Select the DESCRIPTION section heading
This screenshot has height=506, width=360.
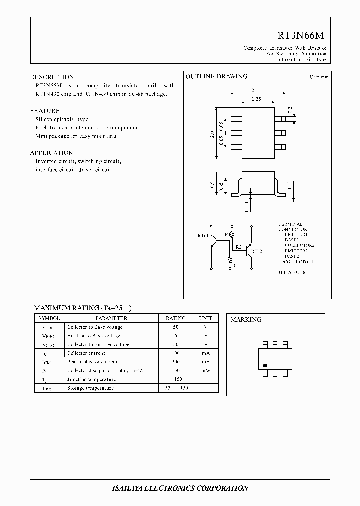pos(52,77)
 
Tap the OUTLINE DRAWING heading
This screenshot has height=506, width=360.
pos(216,77)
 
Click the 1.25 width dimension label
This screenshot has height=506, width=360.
pos(256,99)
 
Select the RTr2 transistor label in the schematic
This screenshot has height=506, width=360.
pos(257,251)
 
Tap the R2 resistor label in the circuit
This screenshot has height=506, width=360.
pos(238,247)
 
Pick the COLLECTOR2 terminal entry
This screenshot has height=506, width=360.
pos(299,245)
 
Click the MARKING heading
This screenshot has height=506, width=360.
pos(246,320)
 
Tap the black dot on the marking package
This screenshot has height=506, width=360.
pos(265,365)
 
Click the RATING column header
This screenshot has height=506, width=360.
pos(175,318)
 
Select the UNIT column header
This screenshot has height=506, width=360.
pos(205,318)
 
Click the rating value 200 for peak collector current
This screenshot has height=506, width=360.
pos(175,362)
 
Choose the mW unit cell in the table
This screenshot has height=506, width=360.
pos(205,370)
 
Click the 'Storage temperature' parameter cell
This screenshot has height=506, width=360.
pos(90,388)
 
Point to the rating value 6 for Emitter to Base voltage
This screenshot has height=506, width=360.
pos(175,336)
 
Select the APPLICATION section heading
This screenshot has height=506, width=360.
pos(51,153)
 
